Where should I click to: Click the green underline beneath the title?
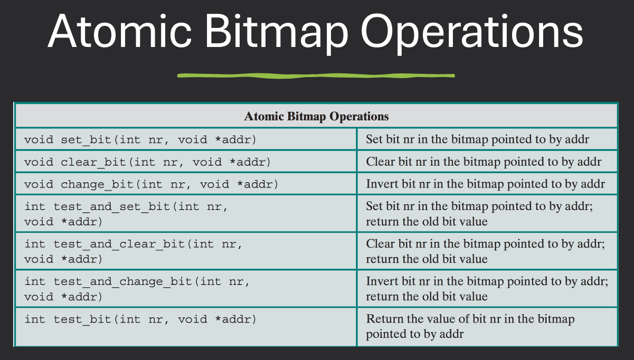tap(316, 75)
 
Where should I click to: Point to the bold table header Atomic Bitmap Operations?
tap(316, 116)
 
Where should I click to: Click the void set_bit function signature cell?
tap(140, 139)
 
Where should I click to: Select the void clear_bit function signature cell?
tap(147, 162)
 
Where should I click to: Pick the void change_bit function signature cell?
tap(151, 184)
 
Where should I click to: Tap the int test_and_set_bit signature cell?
tap(126, 213)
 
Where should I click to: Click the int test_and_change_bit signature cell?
tap(137, 289)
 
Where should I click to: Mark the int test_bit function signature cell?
tap(140, 319)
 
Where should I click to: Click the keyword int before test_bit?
tap(35, 319)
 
